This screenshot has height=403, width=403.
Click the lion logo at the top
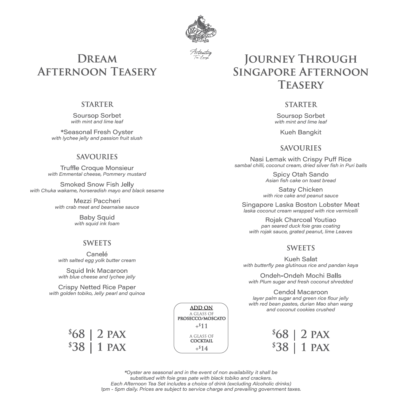pos(201,29)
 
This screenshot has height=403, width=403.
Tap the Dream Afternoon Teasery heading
pos(97,65)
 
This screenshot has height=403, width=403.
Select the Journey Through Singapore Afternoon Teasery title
pos(301,72)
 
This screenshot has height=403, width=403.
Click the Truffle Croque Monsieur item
pos(97,168)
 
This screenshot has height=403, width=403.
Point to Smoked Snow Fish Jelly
pos(97,185)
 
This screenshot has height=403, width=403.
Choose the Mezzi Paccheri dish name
pos(97,201)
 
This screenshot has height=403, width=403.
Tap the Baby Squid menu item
pos(97,217)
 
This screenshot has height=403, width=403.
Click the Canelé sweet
pos(97,254)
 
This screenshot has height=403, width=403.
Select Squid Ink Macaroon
pos(97,271)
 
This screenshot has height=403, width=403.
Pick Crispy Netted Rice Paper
pos(97,287)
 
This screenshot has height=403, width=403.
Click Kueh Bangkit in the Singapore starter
pos(301,132)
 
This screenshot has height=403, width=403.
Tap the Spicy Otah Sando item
pos(301,175)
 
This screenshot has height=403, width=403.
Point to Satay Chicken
pos(301,190)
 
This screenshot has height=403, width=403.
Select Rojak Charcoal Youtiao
pos(301,220)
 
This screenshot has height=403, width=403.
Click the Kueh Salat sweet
pos(301,259)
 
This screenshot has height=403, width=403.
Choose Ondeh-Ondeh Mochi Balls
pos(301,276)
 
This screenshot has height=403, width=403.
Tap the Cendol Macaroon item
pos(301,292)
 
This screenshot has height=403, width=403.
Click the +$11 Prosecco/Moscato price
pos(201,326)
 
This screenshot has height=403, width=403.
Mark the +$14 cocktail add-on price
pos(201,349)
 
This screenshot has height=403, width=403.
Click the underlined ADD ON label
pos(201,308)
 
